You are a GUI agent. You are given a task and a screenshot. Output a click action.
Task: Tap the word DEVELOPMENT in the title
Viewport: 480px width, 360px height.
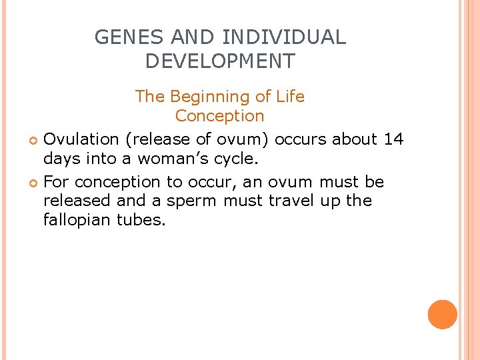[220, 61]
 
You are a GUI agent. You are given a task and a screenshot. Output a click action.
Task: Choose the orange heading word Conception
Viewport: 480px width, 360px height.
[220, 116]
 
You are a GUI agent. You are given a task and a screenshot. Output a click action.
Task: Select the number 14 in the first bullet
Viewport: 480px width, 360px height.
[393, 139]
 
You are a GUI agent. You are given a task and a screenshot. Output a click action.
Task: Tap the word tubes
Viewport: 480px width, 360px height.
[140, 220]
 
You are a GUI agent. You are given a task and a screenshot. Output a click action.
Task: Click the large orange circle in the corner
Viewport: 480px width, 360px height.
[443, 315]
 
